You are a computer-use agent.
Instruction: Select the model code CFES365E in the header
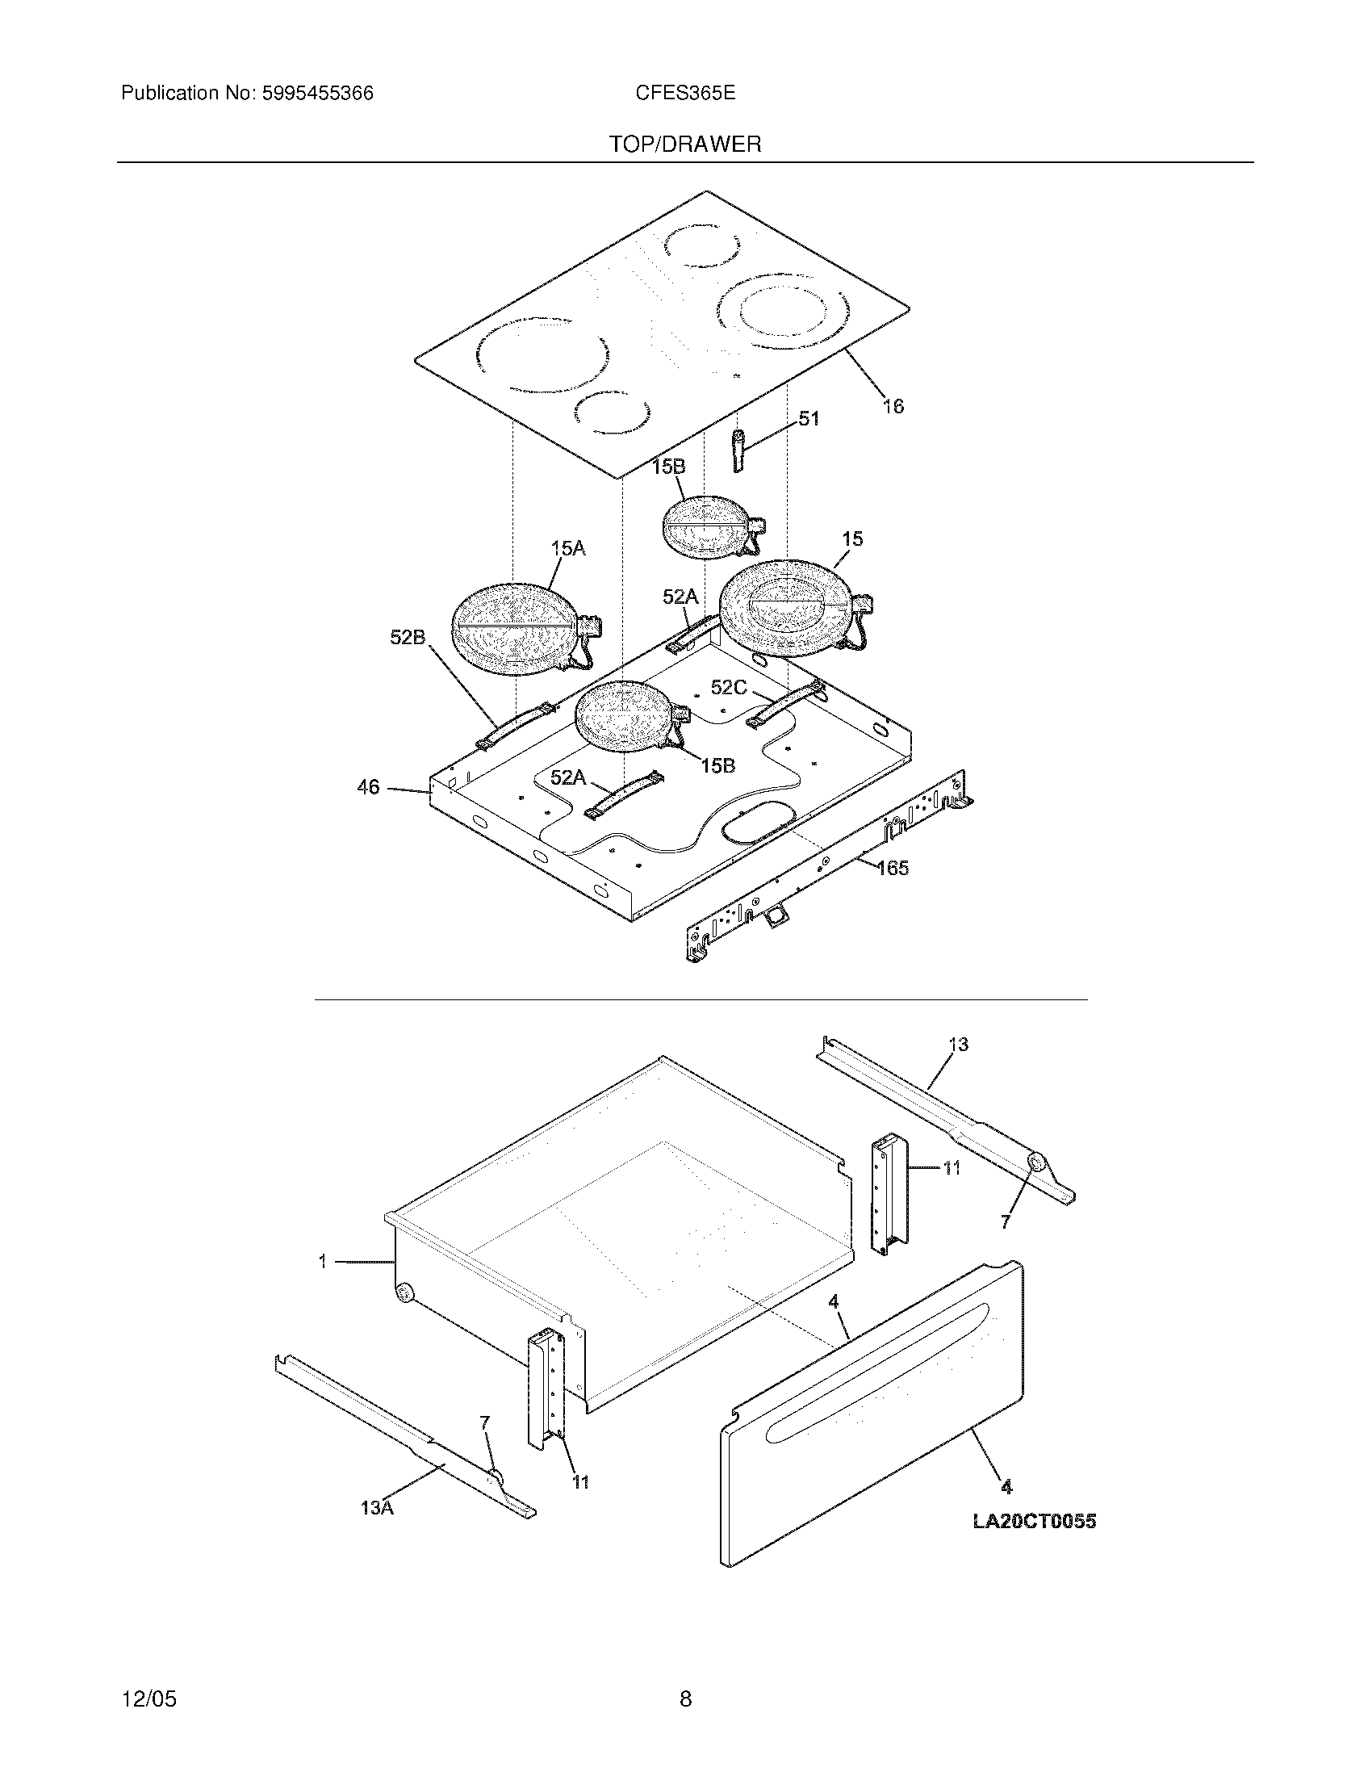tap(685, 94)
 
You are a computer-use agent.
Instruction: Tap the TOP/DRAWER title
tap(685, 145)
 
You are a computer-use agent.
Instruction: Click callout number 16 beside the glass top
tap(893, 406)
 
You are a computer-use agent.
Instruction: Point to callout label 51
tap(809, 419)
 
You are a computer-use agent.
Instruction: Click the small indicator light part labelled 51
tap(738, 450)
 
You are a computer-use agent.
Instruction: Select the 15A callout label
tap(567, 549)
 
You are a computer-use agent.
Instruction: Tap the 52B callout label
tap(408, 638)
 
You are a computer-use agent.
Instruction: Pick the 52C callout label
tap(728, 688)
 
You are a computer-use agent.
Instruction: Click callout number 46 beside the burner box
tap(368, 787)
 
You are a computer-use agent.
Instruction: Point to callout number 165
tap(893, 869)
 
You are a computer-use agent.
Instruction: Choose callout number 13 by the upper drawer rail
tap(958, 1044)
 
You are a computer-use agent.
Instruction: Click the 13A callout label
tap(377, 1509)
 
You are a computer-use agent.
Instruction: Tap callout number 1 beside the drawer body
tap(323, 1261)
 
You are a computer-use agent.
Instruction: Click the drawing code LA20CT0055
tap(1034, 1522)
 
